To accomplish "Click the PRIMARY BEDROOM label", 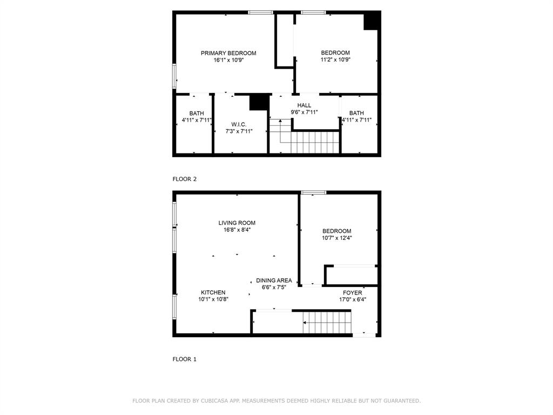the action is (228, 53).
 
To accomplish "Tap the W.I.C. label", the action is (239, 125).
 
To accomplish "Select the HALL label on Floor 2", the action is (304, 105).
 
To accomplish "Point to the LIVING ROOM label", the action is (237, 223).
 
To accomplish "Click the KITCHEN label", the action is (213, 292).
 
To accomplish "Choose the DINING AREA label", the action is (274, 280).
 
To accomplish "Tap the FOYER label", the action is (352, 292).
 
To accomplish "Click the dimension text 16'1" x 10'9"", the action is (228, 60).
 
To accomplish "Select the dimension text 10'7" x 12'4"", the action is (337, 238).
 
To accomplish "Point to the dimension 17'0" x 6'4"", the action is (353, 299).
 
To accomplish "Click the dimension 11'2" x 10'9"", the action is (335, 59).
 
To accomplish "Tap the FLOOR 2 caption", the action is (185, 179).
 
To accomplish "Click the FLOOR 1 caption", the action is (185, 359).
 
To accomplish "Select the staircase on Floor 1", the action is (327, 322).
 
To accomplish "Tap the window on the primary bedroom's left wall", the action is (174, 76).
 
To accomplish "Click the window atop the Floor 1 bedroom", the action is (314, 192).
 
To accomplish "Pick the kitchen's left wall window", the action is (174, 307).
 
